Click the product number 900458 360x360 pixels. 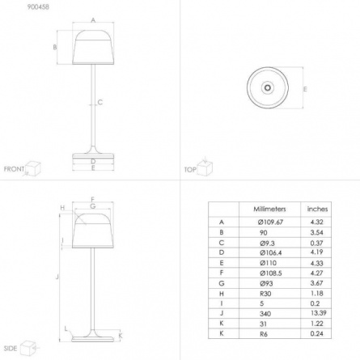click(38, 7)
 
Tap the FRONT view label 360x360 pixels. click(14, 169)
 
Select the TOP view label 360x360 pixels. click(190, 170)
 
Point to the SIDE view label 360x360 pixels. click(11, 349)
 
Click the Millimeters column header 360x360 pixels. click(269, 209)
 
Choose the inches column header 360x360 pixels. click(317, 209)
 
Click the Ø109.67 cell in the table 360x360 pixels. click(270, 222)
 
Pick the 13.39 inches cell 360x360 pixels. click(319, 313)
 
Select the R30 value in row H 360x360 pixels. click(265, 294)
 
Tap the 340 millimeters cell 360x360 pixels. click(265, 314)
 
